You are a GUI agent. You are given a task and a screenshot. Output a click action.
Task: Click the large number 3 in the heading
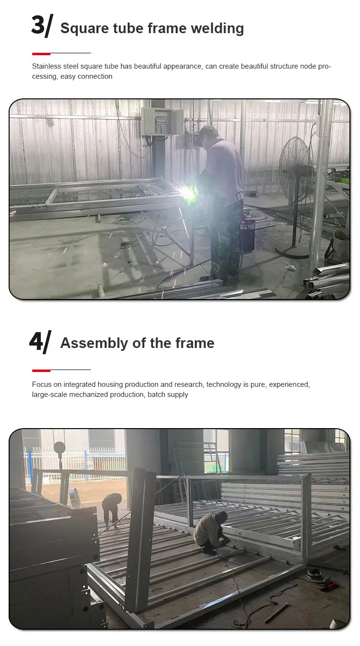click(37, 25)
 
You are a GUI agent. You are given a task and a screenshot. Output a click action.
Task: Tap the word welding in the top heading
click(217, 28)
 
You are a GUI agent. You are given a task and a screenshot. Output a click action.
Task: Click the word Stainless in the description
click(47, 66)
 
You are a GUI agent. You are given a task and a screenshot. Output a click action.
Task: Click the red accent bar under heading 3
click(41, 54)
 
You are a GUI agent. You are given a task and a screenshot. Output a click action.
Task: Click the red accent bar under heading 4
click(41, 371)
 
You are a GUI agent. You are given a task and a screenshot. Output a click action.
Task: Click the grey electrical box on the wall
click(162, 121)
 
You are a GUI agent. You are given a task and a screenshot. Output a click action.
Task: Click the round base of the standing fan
click(292, 251)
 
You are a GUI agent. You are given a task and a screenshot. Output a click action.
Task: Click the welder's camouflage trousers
click(226, 240)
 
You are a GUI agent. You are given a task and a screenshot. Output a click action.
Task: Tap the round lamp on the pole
click(60, 448)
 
